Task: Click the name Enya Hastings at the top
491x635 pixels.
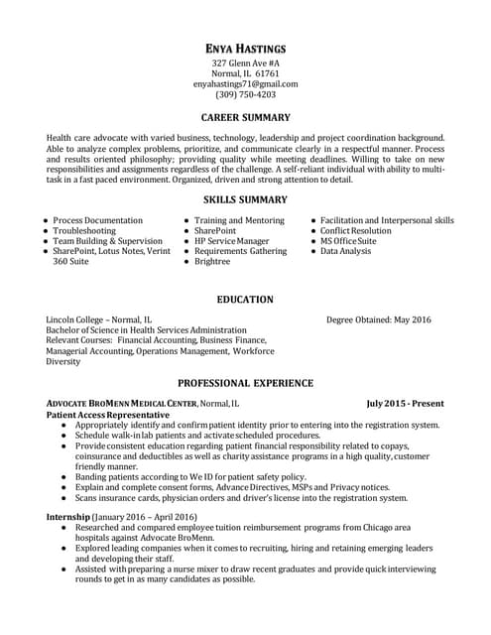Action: pyautogui.click(x=245, y=48)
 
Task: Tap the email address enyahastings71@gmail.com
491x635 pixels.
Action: pyautogui.click(x=245, y=84)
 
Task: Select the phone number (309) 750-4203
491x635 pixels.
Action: pyautogui.click(x=245, y=95)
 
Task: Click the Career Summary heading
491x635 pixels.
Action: pyautogui.click(x=245, y=117)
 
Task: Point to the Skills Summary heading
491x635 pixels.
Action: pyautogui.click(x=245, y=199)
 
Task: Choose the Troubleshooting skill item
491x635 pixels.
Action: pyautogui.click(x=84, y=230)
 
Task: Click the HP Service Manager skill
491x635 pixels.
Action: pyautogui.click(x=231, y=241)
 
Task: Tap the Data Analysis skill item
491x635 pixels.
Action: pyautogui.click(x=345, y=252)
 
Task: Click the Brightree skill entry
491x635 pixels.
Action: pyautogui.click(x=212, y=262)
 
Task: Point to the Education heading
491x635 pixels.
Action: pyautogui.click(x=245, y=299)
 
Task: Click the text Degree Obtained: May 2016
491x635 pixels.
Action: pyautogui.click(x=379, y=319)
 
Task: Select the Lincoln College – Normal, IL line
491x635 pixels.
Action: pyautogui.click(x=99, y=319)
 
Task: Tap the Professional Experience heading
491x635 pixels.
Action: pyautogui.click(x=245, y=382)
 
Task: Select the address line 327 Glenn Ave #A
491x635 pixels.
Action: pyautogui.click(x=245, y=63)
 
